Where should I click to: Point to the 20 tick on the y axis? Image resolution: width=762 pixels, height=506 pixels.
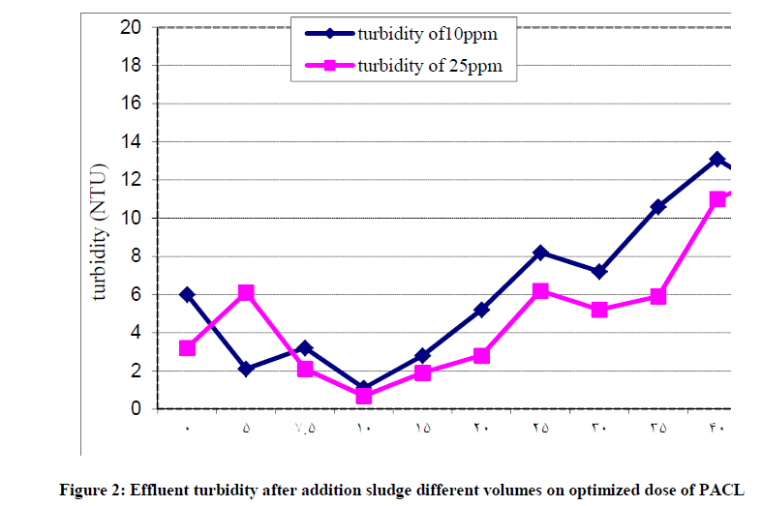click(x=131, y=28)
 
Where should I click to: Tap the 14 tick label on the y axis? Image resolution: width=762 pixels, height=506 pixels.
click(x=131, y=142)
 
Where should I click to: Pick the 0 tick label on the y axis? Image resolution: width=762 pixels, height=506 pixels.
click(x=136, y=409)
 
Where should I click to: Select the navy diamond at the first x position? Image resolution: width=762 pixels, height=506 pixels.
click(x=187, y=294)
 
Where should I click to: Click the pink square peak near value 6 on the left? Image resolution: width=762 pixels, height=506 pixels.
click(x=246, y=292)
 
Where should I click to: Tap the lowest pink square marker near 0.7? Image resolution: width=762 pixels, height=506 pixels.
click(x=364, y=396)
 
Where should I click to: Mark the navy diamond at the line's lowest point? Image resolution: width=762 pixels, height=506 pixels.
click(x=364, y=388)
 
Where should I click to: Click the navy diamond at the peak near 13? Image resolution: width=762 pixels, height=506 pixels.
click(x=716, y=159)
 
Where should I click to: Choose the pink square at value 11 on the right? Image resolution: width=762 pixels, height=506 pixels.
click(x=716, y=199)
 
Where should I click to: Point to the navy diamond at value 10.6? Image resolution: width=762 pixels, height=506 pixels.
click(x=658, y=206)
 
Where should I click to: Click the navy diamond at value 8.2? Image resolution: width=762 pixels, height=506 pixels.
click(x=540, y=253)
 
